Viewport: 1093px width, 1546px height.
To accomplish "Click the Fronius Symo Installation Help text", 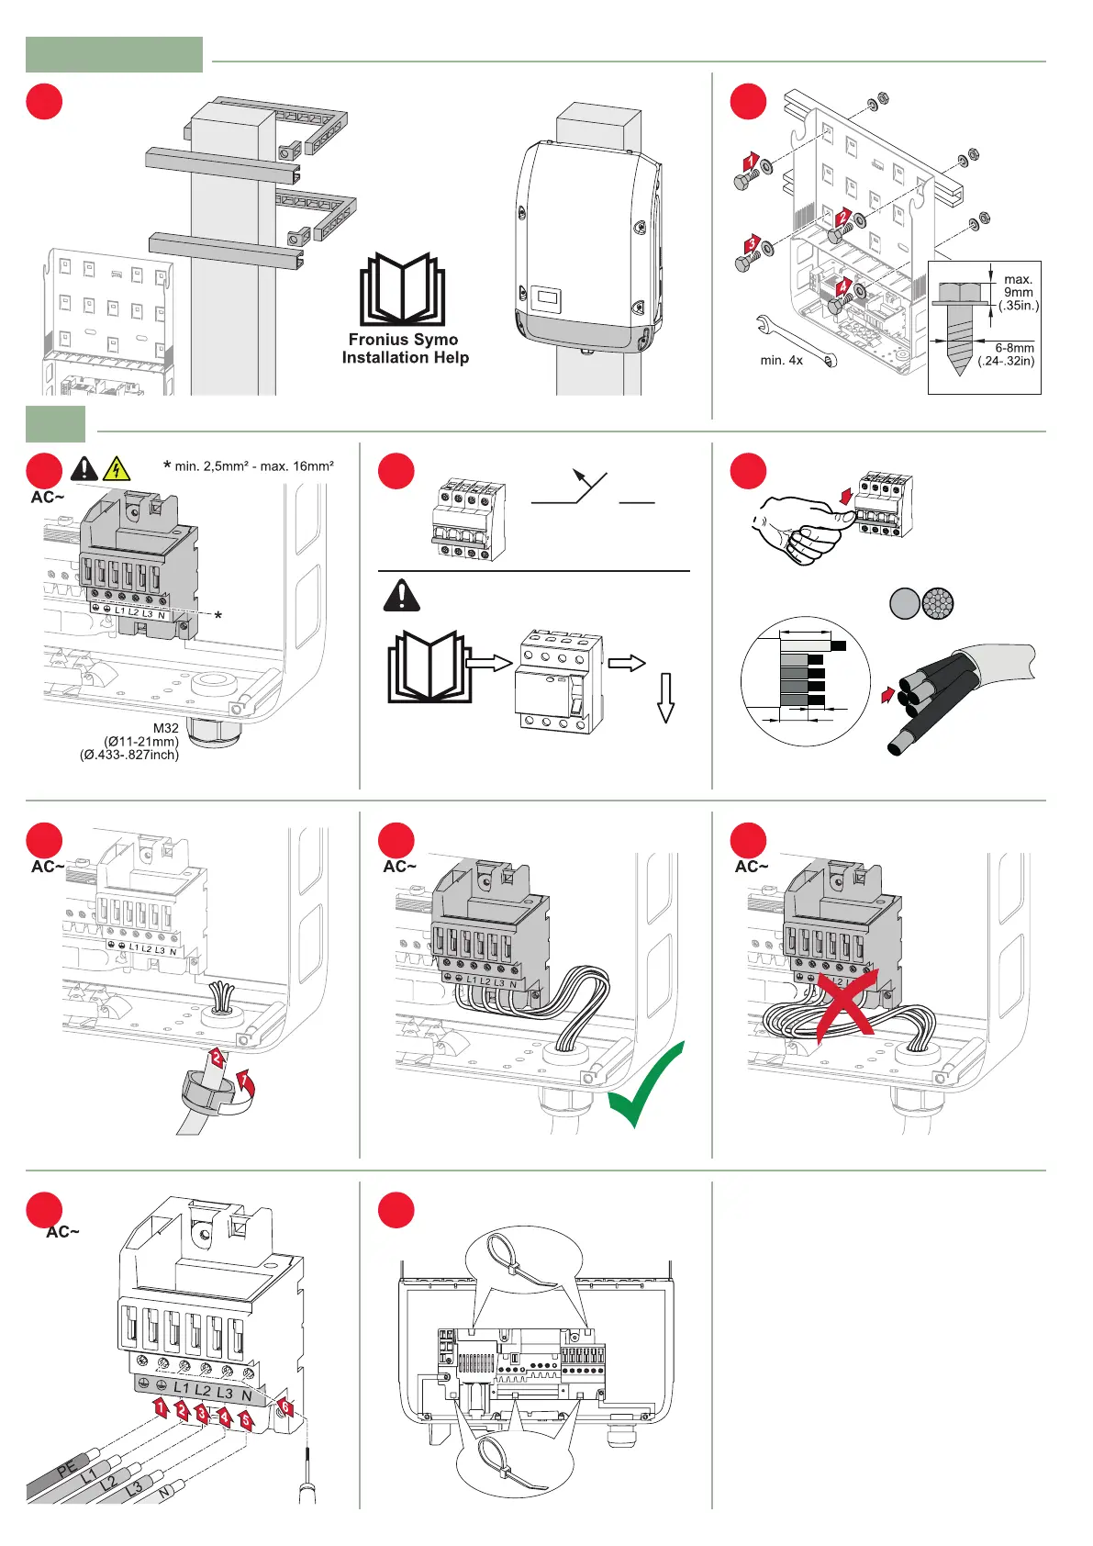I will tap(405, 349).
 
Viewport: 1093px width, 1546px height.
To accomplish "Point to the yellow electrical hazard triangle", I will tap(117, 469).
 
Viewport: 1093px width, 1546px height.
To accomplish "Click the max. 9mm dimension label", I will tap(1019, 292).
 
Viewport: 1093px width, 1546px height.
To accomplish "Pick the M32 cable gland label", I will tap(165, 728).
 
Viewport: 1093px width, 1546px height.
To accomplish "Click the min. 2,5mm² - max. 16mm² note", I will tap(254, 466).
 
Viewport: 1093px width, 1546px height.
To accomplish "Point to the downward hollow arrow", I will tap(666, 698).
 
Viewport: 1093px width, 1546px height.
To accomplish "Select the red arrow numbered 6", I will tap(285, 1406).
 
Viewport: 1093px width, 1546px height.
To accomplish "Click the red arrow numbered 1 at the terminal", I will tap(161, 1406).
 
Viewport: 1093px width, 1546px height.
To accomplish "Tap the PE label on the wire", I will tap(67, 1469).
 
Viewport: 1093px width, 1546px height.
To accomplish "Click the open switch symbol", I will tap(592, 491).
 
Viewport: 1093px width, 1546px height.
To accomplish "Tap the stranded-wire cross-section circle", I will tap(938, 603).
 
